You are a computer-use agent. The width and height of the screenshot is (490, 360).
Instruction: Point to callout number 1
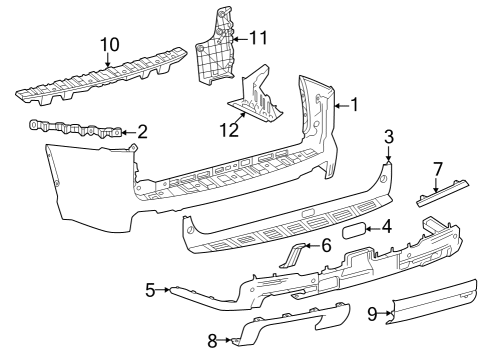coord(352,104)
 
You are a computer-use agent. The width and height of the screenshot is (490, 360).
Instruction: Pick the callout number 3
coord(389,135)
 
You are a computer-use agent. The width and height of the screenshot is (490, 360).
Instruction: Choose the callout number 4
coord(386,228)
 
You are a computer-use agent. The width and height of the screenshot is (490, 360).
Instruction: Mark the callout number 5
coord(151,290)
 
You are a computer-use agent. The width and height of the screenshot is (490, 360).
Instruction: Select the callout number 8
coord(212,341)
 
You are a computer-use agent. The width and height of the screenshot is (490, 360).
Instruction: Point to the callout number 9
coord(372,314)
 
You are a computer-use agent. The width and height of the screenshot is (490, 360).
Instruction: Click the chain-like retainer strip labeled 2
coord(75,128)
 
